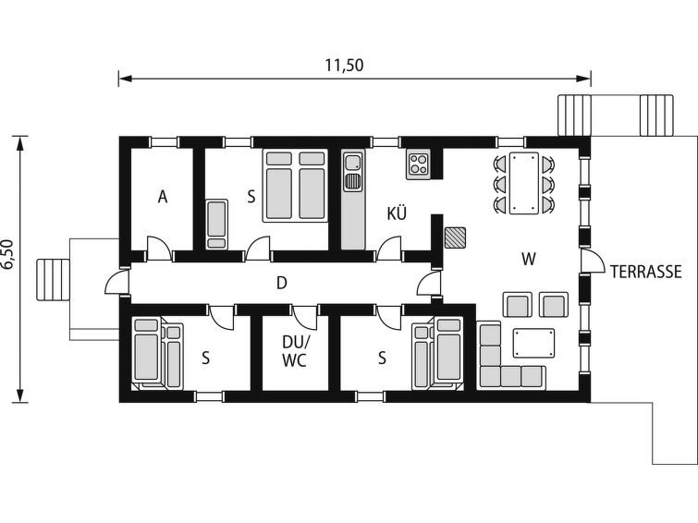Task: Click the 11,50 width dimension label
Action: coord(344,66)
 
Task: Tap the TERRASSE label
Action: coord(645,272)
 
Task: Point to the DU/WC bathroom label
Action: coord(295,351)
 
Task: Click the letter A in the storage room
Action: coord(163,196)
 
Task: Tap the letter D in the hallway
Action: coord(281,283)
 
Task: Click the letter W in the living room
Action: coord(529,259)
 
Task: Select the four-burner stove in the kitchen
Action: coord(418,164)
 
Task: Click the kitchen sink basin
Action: coord(352,162)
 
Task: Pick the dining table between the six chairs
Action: coord(524,183)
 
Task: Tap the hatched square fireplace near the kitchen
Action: coord(455,237)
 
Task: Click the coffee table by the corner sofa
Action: coord(533,343)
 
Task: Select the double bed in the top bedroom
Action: coord(295,185)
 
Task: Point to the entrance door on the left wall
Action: coord(116,280)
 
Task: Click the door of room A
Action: coord(159,249)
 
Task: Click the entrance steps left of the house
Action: coord(53,280)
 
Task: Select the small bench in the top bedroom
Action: coord(216,224)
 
